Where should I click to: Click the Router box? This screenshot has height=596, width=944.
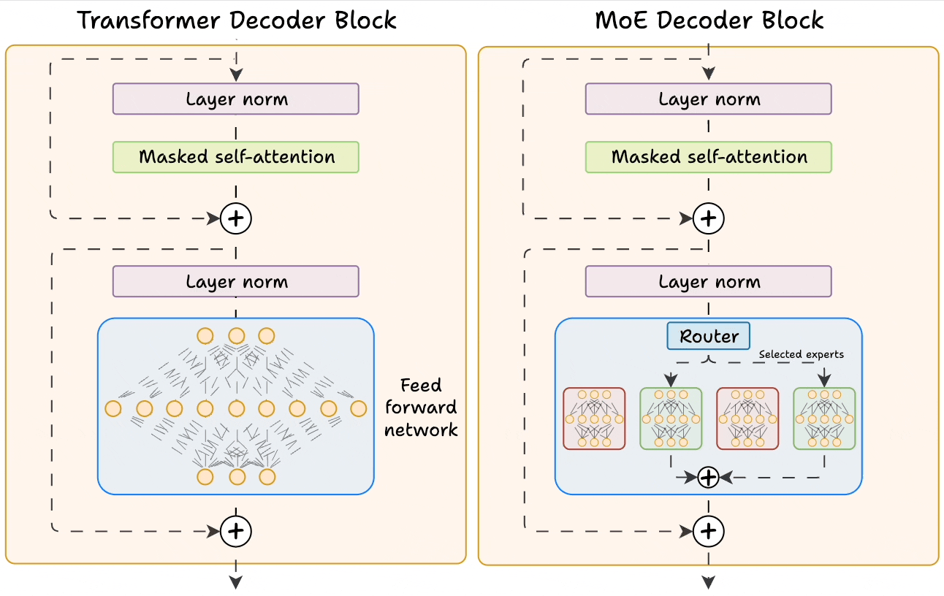pyautogui.click(x=708, y=337)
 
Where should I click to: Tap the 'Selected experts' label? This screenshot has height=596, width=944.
pyautogui.click(x=801, y=354)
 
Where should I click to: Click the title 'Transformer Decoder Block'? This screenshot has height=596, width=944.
pyautogui.click(x=237, y=20)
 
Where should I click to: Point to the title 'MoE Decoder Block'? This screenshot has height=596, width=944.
pyautogui.click(x=709, y=20)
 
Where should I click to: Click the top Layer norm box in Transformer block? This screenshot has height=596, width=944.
pyautogui.click(x=236, y=99)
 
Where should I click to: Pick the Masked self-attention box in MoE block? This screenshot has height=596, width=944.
pyautogui.click(x=709, y=157)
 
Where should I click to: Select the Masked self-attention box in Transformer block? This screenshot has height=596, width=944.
pyautogui.click(x=236, y=157)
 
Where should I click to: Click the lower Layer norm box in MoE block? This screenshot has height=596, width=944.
pyautogui.click(x=709, y=282)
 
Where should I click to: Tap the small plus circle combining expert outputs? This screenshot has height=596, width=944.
pyautogui.click(x=709, y=478)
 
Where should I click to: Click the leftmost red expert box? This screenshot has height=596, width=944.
pyautogui.click(x=594, y=419)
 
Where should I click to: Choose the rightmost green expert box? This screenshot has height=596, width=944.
pyautogui.click(x=824, y=419)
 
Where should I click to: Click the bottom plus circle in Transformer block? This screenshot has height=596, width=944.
pyautogui.click(x=236, y=531)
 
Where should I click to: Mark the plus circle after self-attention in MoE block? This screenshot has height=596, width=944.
pyautogui.click(x=708, y=218)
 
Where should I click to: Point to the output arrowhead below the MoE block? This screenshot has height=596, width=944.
pyautogui.click(x=709, y=581)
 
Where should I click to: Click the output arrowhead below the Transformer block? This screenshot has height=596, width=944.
pyautogui.click(x=236, y=581)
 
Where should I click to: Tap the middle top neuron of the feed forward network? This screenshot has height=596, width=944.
pyautogui.click(x=236, y=336)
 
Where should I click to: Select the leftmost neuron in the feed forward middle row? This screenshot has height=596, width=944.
pyautogui.click(x=113, y=408)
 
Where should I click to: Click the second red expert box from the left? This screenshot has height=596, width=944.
pyautogui.click(x=747, y=419)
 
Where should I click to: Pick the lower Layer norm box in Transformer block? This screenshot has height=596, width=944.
pyautogui.click(x=236, y=282)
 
